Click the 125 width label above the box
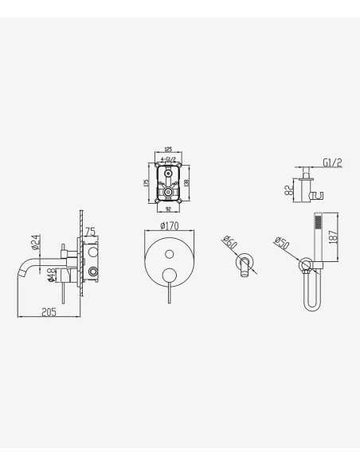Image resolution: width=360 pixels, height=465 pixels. [x=168, y=148]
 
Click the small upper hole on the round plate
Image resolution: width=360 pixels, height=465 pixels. [x=169, y=254]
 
